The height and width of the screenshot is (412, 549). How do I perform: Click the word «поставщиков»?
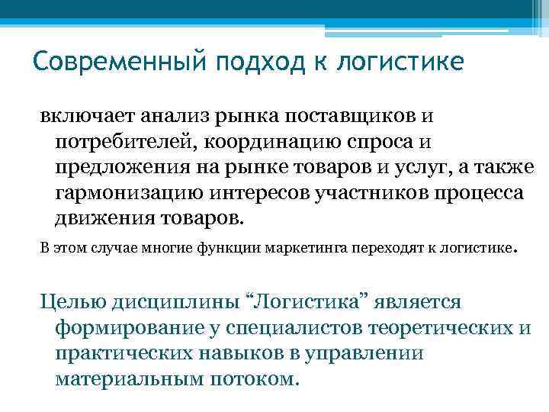click(x=348, y=116)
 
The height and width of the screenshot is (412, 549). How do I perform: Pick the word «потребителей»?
click(x=115, y=141)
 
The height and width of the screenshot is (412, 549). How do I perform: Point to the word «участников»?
click(x=342, y=192)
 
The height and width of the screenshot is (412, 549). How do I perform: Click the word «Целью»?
click(x=70, y=303)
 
